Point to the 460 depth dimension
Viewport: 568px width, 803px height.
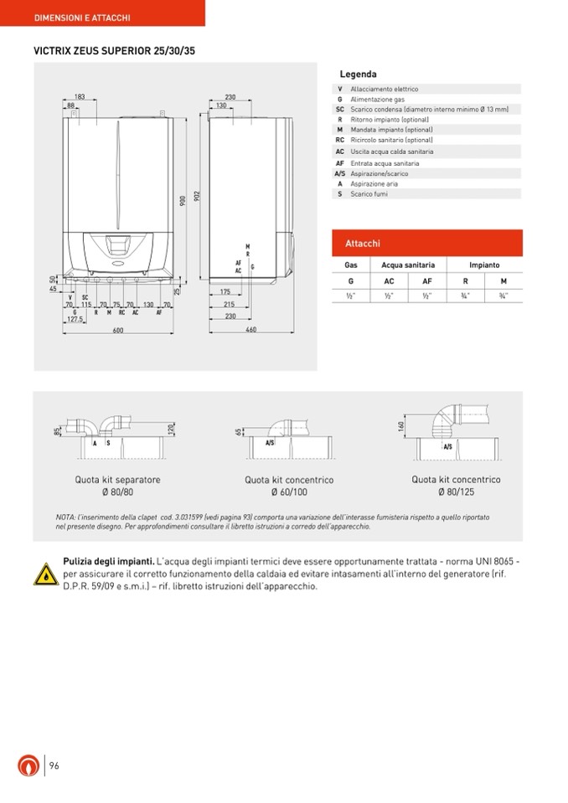point(250,331)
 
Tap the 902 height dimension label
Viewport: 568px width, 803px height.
point(198,195)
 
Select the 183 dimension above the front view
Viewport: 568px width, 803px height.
point(80,97)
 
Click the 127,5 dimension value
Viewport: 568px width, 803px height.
point(75,319)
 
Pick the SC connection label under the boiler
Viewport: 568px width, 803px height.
point(85,297)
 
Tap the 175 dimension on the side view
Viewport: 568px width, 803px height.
point(225,292)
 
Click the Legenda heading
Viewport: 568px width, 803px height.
point(358,75)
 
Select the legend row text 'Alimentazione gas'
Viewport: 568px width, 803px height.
point(377,100)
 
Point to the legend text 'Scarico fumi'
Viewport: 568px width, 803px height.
point(369,194)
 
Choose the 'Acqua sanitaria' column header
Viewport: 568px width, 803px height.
point(408,265)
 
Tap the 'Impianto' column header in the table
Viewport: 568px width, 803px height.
point(484,265)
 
